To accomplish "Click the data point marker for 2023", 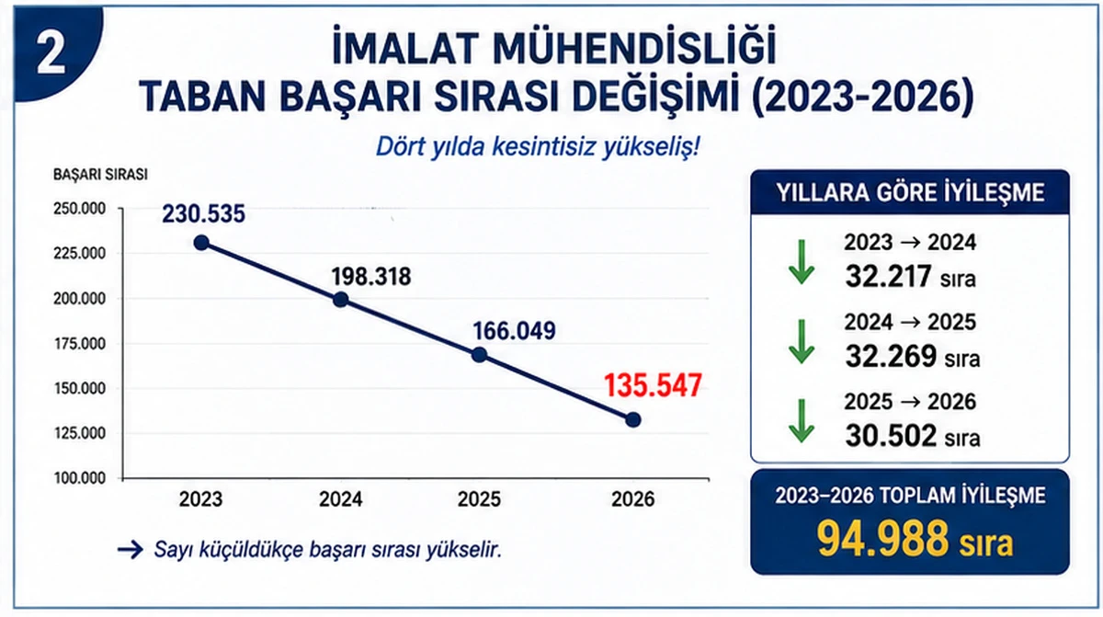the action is coord(201,243).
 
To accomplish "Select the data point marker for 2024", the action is coord(340,300).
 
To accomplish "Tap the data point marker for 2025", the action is coord(479,355).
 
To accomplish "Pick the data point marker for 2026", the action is coord(632,420).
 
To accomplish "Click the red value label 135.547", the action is coord(653,385).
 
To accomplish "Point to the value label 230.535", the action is coord(203,214).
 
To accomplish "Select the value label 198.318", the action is coord(371,277).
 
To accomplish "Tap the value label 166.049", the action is coord(514,331).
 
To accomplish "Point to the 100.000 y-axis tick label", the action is coord(80,478).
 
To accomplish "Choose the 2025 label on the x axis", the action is coord(479,499).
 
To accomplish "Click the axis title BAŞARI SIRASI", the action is coord(100,175).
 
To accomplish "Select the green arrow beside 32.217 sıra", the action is coord(802,262).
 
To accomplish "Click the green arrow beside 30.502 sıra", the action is coord(802,421).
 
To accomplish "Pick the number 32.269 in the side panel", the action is coord(891,356).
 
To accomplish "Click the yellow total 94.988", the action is coord(882,539).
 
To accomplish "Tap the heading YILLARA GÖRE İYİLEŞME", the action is coord(910,192).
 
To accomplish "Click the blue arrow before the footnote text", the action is coord(131,550).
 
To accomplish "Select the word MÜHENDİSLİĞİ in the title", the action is coord(634,49).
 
